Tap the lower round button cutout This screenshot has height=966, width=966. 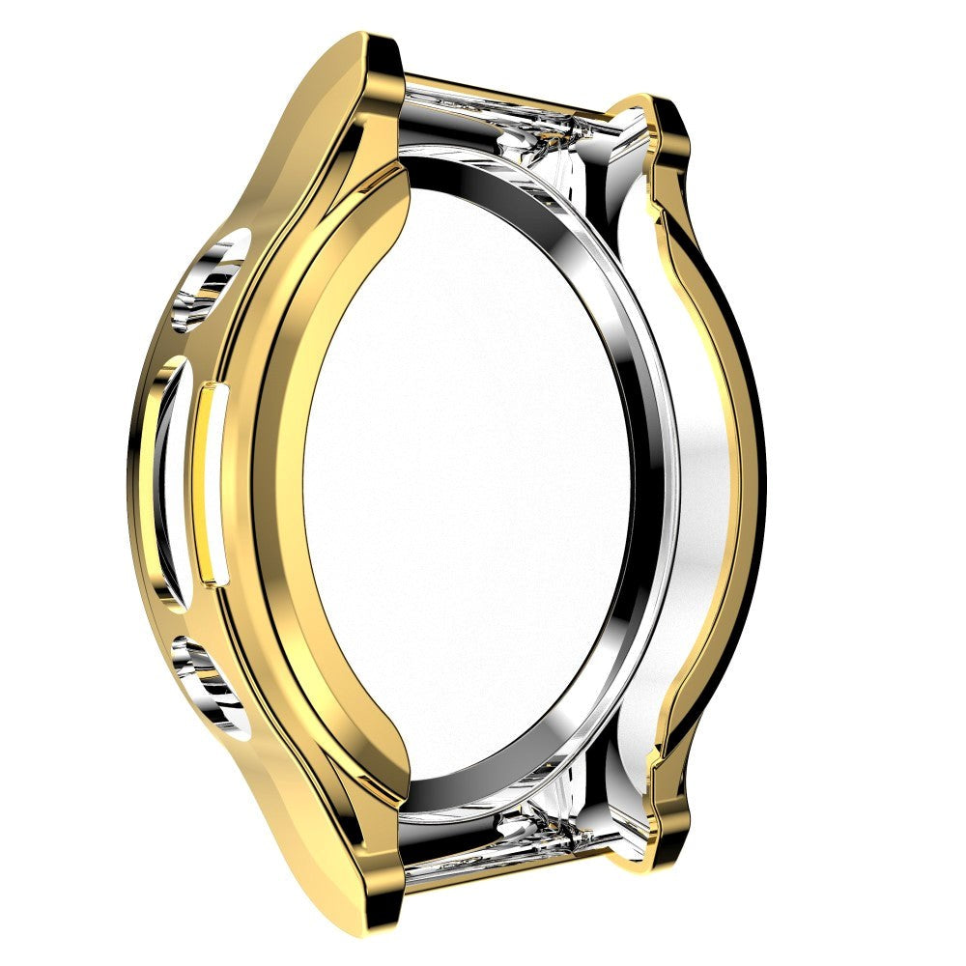[207, 680]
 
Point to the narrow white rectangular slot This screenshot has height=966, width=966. [210, 483]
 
